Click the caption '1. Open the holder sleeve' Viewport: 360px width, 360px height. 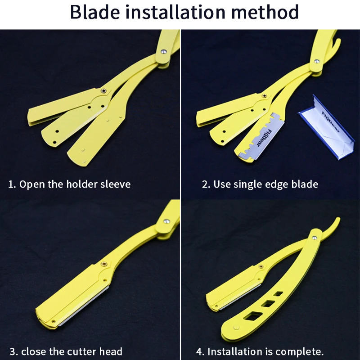pos(69,184)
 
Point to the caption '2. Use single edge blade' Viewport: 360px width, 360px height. pos(260,184)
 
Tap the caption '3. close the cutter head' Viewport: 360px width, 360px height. pos(65,351)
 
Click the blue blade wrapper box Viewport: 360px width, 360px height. pos(327,126)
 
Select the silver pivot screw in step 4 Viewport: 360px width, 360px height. pos(315,234)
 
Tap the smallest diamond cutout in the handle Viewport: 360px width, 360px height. pos(279,294)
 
